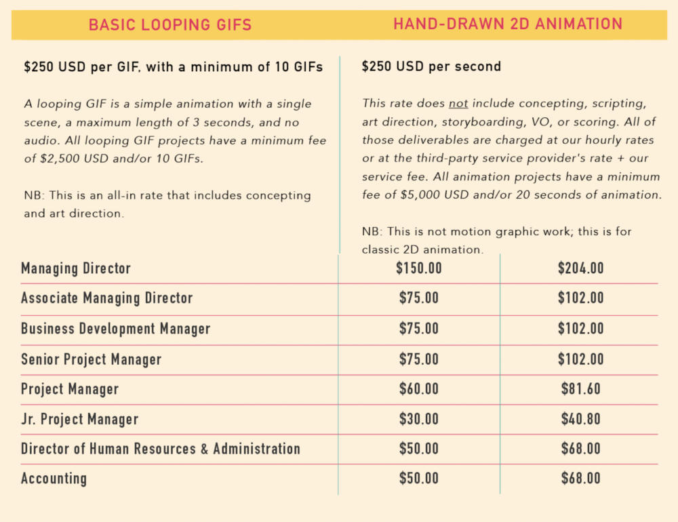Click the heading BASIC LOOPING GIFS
pyautogui.click(x=170, y=25)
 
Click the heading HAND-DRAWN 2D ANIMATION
pyautogui.click(x=508, y=24)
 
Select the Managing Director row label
pyautogui.click(x=76, y=268)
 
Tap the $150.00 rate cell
pyautogui.click(x=418, y=268)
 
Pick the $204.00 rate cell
pyautogui.click(x=580, y=268)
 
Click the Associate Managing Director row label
pyautogui.click(x=107, y=298)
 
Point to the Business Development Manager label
pyautogui.click(x=116, y=329)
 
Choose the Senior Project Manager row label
pyautogui.click(x=92, y=359)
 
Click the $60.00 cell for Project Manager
pyautogui.click(x=418, y=389)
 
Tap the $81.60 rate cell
pyautogui.click(x=580, y=389)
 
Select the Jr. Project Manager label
pyautogui.click(x=80, y=419)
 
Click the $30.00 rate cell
pyautogui.click(x=418, y=419)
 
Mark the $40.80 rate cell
pyautogui.click(x=580, y=419)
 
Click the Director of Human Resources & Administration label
pyautogui.click(x=161, y=449)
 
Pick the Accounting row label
pyautogui.click(x=54, y=479)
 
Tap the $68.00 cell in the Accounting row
pyautogui.click(x=580, y=479)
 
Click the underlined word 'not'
pyautogui.click(x=458, y=104)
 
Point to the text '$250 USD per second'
pyautogui.click(x=431, y=66)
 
